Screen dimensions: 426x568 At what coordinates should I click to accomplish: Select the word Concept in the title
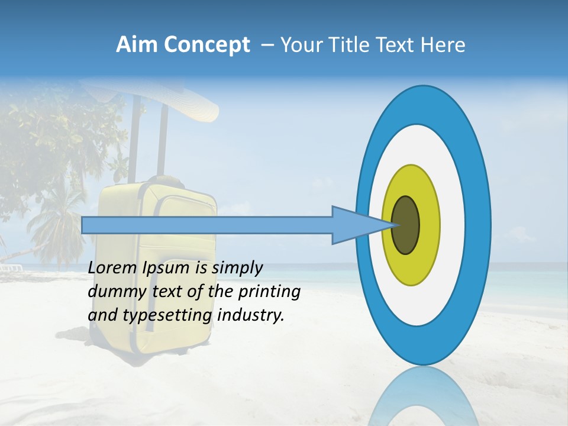(x=206, y=46)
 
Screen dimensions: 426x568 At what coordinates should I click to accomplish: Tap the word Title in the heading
(x=353, y=45)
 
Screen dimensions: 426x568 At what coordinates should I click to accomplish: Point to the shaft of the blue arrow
(x=207, y=225)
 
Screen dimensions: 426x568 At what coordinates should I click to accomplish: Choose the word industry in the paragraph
(x=251, y=315)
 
